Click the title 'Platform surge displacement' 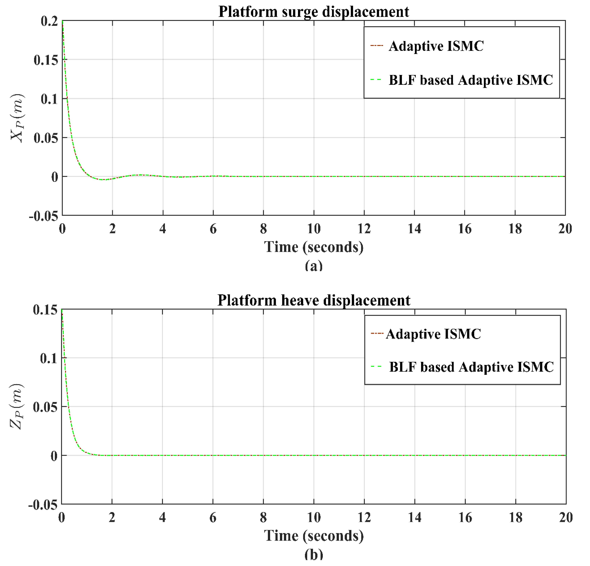coord(313,12)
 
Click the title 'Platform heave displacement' coord(313,300)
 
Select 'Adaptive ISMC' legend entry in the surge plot coord(436,46)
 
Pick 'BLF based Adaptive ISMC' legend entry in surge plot coord(470,80)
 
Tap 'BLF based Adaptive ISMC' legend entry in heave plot coord(471,367)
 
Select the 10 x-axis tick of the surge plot coord(314,229)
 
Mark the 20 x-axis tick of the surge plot coord(565,229)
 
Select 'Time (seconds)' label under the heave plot coord(314,536)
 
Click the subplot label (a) coord(314,266)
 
